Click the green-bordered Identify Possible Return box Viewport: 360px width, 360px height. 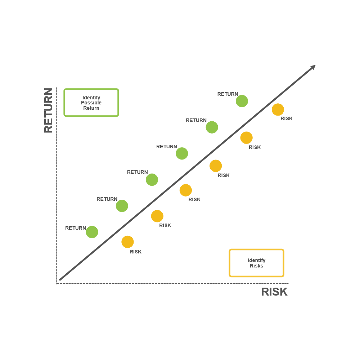pyautogui.click(x=91, y=103)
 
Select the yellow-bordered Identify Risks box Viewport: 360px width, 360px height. pyautogui.click(x=256, y=263)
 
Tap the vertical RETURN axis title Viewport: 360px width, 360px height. pyautogui.click(x=49, y=110)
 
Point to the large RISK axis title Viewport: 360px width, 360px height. pyautogui.click(x=274, y=292)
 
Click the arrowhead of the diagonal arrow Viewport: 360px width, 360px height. pyautogui.click(x=313, y=67)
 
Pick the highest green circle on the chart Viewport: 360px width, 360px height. pyautogui.click(x=242, y=101)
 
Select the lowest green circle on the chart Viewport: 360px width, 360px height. pyautogui.click(x=92, y=232)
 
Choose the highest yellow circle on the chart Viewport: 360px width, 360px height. pyautogui.click(x=278, y=109)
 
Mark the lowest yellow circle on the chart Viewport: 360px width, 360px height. pyautogui.click(x=127, y=242)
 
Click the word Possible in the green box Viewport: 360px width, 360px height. pyautogui.click(x=91, y=103)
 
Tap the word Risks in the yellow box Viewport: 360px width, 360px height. pyautogui.click(x=256, y=266)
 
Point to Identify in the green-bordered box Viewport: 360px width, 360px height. pyautogui.click(x=91, y=98)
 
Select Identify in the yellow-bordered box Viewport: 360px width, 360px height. pyautogui.click(x=256, y=261)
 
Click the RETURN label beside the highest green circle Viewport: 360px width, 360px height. pyautogui.click(x=228, y=94)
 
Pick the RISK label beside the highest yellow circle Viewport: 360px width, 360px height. pyautogui.click(x=287, y=119)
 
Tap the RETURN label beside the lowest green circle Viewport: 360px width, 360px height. pyautogui.click(x=76, y=228)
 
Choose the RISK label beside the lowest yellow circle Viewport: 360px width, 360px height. pyautogui.click(x=136, y=252)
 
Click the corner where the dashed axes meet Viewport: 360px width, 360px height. pyautogui.click(x=57, y=283)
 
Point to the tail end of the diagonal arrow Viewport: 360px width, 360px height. pyautogui.click(x=60, y=279)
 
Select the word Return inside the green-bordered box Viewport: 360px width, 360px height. pyautogui.click(x=91, y=108)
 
